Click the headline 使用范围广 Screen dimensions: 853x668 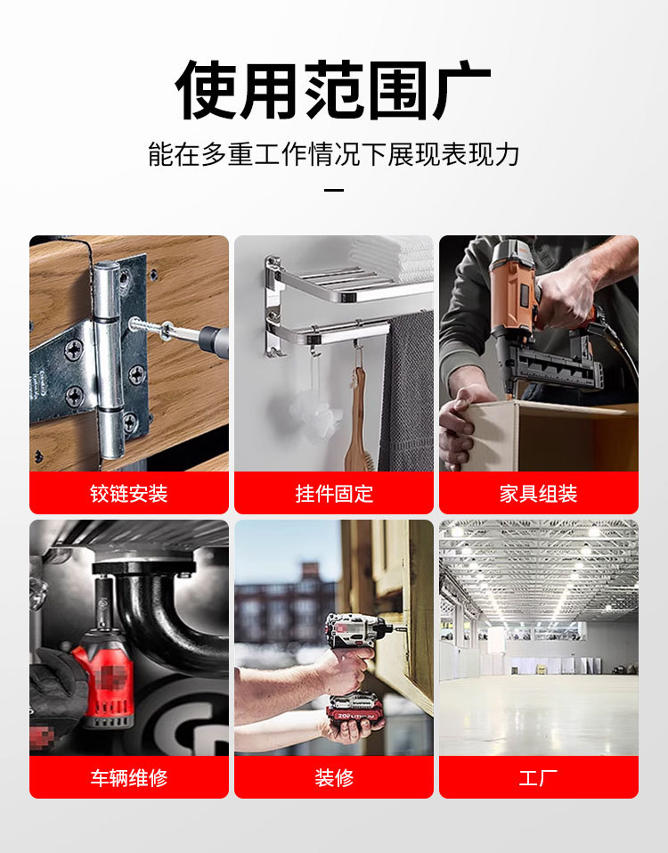333,90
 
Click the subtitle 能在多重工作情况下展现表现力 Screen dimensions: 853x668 333,154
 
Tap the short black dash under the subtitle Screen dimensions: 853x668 333,190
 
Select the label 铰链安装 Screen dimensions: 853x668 129,493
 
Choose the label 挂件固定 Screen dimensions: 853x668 334,493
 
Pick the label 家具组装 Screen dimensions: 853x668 538,493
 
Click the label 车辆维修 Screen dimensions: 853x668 129,777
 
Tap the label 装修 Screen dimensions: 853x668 334,777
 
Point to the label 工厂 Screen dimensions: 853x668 538,777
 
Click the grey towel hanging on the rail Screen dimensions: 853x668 407,392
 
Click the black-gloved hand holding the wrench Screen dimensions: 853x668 53,686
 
